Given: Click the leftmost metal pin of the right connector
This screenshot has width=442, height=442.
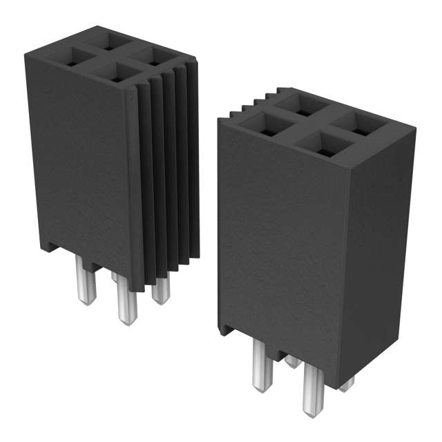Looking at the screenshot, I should [x=261, y=367].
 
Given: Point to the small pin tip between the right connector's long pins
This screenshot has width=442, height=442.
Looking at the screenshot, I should [x=292, y=361].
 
